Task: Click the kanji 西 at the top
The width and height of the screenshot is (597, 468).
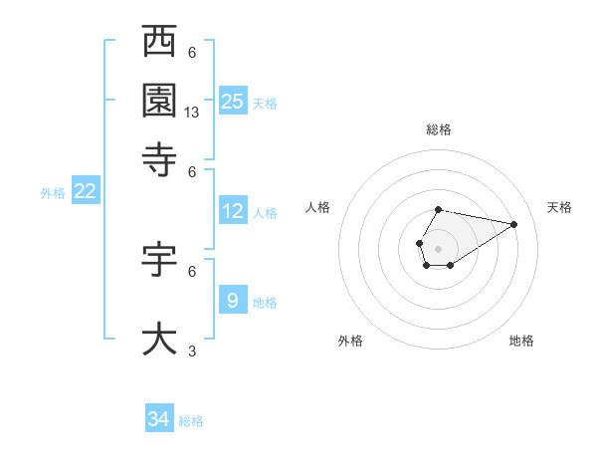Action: pyautogui.click(x=160, y=43)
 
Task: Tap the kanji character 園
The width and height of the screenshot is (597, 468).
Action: pyautogui.click(x=160, y=101)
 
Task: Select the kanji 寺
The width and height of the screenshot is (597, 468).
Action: pyautogui.click(x=160, y=157)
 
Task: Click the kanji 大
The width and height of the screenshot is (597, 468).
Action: pyautogui.click(x=160, y=338)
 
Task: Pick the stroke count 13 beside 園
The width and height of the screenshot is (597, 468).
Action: pyautogui.click(x=192, y=114)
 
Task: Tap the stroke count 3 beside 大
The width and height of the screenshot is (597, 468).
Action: pyautogui.click(x=192, y=351)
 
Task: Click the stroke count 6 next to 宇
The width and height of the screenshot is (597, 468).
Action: pyautogui.click(x=192, y=271)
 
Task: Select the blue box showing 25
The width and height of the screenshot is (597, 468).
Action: pyautogui.click(x=232, y=101)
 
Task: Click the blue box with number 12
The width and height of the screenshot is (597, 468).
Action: pyautogui.click(x=232, y=211)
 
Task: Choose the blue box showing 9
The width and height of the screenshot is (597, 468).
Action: pyautogui.click(x=232, y=299)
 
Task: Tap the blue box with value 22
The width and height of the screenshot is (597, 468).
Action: pyautogui.click(x=85, y=192)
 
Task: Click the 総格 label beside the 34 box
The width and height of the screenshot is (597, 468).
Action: pyautogui.click(x=191, y=421)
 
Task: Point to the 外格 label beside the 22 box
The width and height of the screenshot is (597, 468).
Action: pyautogui.click(x=53, y=193)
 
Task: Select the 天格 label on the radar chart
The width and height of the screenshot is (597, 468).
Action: pyautogui.click(x=559, y=207)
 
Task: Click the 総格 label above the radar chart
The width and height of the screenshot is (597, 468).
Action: pyautogui.click(x=439, y=129)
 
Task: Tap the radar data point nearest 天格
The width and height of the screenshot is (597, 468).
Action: pyautogui.click(x=514, y=224)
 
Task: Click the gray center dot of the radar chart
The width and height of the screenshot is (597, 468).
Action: pyautogui.click(x=438, y=247)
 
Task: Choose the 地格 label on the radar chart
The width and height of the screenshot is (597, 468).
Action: pyautogui.click(x=521, y=341)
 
